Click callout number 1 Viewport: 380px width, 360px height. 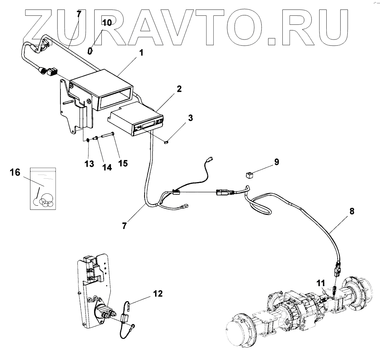tap(142, 53)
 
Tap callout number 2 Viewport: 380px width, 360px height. tap(179, 89)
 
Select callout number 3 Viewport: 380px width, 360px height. tap(191, 118)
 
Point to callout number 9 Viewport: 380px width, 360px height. tap(276, 162)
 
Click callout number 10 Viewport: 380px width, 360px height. tap(107, 23)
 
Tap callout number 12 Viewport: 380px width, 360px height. tap(158, 294)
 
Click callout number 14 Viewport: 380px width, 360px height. tap(107, 167)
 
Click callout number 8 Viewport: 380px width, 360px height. tap(351, 211)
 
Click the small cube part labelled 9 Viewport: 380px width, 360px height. tap(250, 174)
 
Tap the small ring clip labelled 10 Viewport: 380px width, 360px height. tap(90, 50)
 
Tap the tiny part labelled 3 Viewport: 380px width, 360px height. tap(167, 142)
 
